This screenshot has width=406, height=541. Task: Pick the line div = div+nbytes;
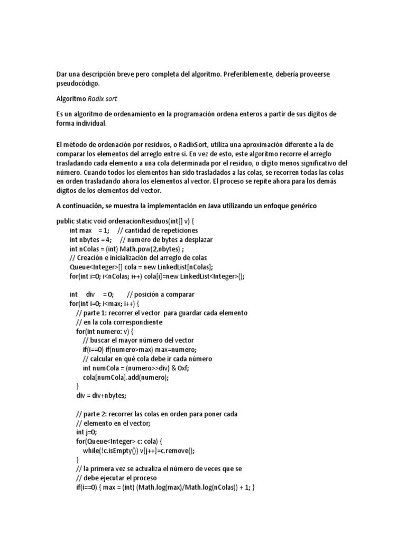pyautogui.click(x=101, y=395)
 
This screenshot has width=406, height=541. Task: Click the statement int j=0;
pyautogui.click(x=88, y=432)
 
